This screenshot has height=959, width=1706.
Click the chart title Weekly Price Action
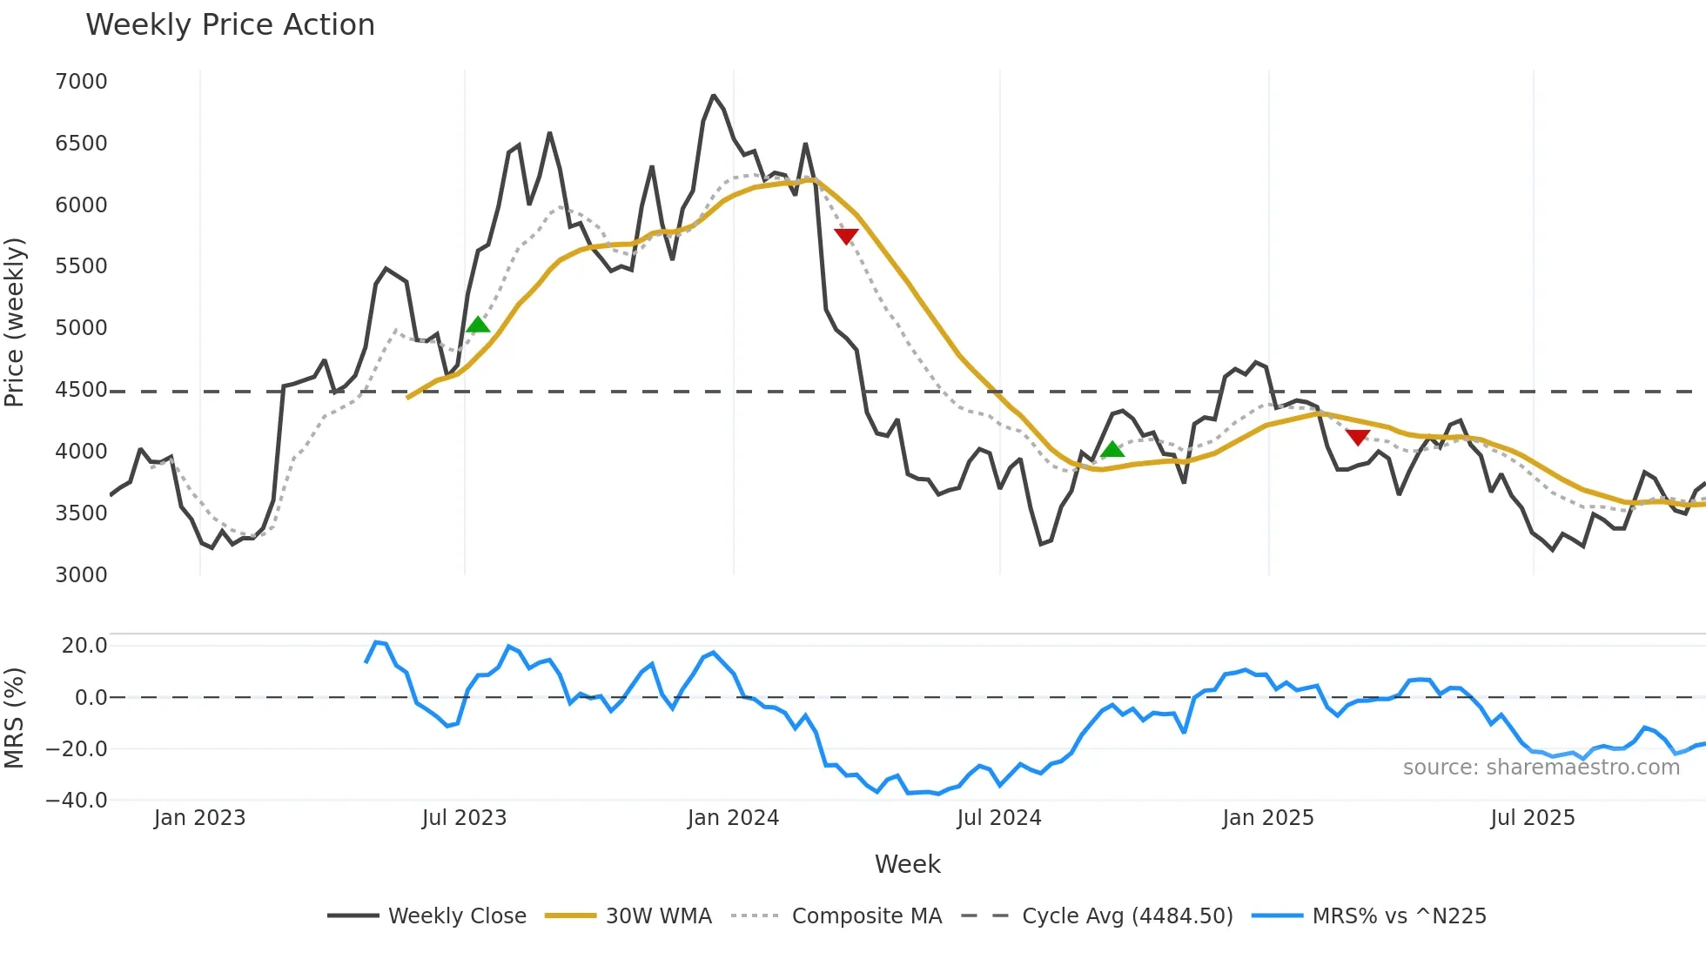point(230,25)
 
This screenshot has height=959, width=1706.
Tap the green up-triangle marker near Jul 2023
point(478,325)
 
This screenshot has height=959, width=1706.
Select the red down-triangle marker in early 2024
point(846,236)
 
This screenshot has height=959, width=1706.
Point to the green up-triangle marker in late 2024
point(1112,450)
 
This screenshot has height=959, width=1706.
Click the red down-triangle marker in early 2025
point(1358,437)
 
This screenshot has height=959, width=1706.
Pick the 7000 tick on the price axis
point(81,82)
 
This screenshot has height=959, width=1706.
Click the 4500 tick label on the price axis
point(81,390)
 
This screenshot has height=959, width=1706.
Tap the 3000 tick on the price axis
point(81,575)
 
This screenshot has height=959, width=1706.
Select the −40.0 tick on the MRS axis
point(77,801)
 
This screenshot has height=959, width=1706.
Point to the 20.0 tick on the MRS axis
point(84,646)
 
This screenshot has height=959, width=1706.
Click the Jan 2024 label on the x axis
point(733,818)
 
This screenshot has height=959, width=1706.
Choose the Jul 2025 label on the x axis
point(1533,818)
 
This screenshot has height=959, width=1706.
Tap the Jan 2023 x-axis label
point(199,818)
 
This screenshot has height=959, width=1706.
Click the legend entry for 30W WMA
point(658,916)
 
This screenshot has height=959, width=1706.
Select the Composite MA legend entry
point(866,916)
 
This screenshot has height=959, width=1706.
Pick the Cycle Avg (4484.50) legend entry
point(1126,916)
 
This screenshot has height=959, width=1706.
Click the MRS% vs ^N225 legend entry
point(1399,916)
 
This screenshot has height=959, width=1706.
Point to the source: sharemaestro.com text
point(1541,768)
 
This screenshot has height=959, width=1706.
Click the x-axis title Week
point(907,864)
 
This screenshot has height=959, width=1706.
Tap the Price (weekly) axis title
point(15,322)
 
